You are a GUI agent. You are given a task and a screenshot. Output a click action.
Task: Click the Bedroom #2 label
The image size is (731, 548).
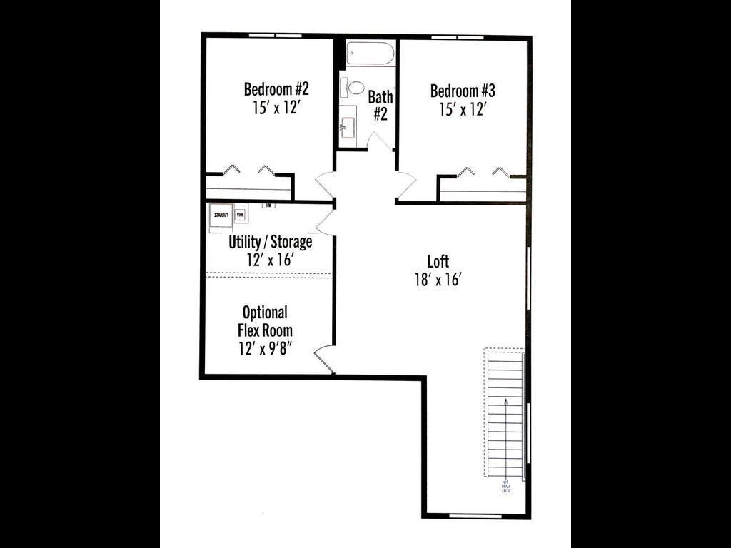pos(276,90)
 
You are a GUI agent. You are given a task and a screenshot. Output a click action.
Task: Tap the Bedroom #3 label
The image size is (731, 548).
pos(463,91)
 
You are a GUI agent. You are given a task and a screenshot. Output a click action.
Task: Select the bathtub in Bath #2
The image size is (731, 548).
pos(370,54)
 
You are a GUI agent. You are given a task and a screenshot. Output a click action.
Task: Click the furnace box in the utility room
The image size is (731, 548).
pos(220,215)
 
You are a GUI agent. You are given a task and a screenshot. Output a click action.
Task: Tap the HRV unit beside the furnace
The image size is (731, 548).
pos(241,214)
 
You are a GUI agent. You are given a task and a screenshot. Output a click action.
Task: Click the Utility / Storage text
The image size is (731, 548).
pos(270,242)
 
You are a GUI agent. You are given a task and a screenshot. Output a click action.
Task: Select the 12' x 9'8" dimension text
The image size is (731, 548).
pos(265,348)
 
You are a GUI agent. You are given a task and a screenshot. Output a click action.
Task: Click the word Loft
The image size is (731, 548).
pos(438,261)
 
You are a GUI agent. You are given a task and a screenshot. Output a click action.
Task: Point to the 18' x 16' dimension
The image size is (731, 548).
pos(438,279)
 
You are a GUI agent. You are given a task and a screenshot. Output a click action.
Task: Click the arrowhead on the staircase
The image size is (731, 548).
pos(506,402)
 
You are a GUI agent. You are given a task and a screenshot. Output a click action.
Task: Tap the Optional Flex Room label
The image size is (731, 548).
pos(265,321)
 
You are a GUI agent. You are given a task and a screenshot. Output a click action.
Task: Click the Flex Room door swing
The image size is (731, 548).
pos(325,359)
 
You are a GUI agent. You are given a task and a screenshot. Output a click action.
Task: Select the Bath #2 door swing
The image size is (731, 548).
pos(378,141)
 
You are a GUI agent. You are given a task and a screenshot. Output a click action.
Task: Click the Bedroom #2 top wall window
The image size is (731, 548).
pos(275,35)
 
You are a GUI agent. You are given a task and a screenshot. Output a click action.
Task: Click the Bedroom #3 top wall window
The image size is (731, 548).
pos(458,36)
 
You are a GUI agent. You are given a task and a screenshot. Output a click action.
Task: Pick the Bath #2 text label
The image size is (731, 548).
pos(380,105)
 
